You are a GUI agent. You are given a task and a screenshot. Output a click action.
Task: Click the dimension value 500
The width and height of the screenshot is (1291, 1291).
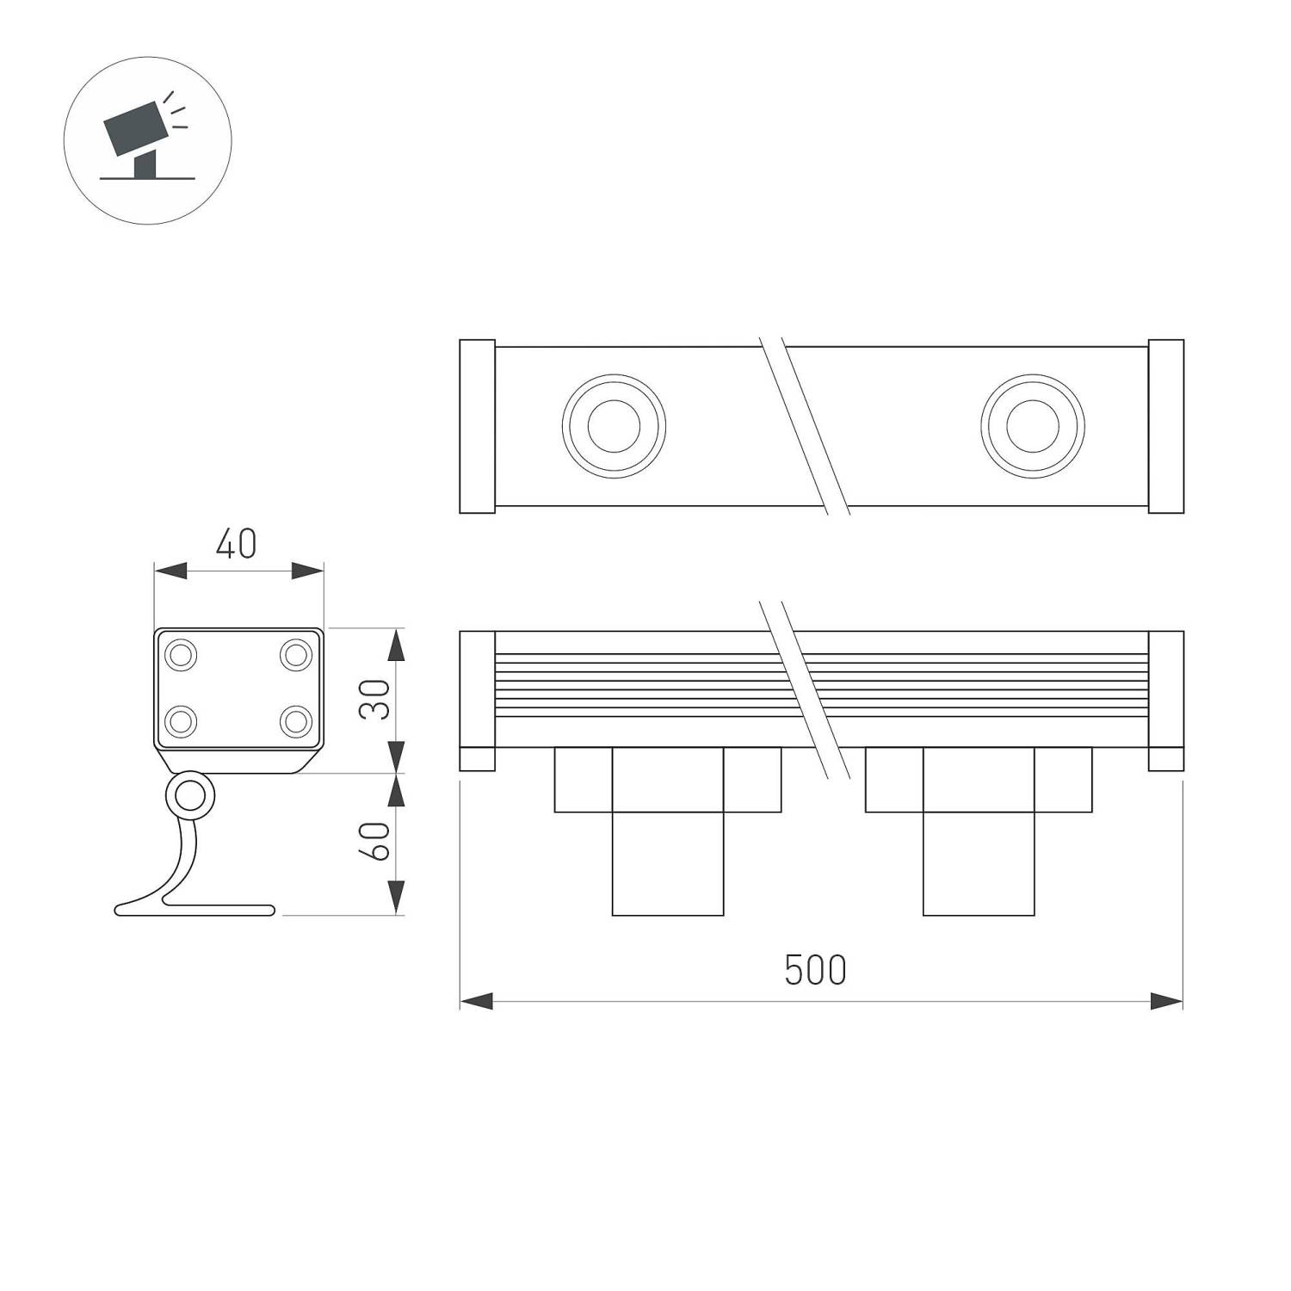815,970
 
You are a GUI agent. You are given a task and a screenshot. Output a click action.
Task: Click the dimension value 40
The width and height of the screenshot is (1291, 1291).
236,544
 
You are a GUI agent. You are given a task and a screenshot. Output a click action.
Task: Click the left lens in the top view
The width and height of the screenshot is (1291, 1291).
614,426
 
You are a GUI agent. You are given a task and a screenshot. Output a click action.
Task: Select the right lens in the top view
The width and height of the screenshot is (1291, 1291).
1032,426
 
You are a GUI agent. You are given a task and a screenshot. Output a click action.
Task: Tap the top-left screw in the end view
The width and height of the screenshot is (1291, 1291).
181,655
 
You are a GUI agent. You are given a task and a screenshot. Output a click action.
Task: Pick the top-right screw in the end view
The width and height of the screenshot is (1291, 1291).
296,655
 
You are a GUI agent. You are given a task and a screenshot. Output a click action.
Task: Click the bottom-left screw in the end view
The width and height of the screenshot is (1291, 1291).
181,720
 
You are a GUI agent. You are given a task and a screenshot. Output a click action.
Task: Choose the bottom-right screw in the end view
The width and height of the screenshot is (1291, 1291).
296,720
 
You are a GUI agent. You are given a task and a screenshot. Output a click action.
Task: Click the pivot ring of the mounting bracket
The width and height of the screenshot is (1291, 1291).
188,797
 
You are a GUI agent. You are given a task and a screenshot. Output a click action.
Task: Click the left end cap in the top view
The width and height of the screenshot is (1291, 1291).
477,427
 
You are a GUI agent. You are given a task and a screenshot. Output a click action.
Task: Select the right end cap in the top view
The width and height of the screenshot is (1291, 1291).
1165,427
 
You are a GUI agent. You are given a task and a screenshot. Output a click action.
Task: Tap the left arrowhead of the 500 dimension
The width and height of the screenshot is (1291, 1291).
476,1001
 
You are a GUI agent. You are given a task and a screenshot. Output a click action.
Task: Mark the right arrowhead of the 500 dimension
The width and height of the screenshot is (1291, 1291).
1167,1001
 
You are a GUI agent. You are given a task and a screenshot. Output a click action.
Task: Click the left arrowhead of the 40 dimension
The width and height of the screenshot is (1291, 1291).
170,571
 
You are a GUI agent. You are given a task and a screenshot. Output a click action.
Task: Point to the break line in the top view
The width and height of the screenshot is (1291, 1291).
805,426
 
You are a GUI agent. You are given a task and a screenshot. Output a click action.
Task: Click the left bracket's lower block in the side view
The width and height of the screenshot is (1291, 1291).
668,863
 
